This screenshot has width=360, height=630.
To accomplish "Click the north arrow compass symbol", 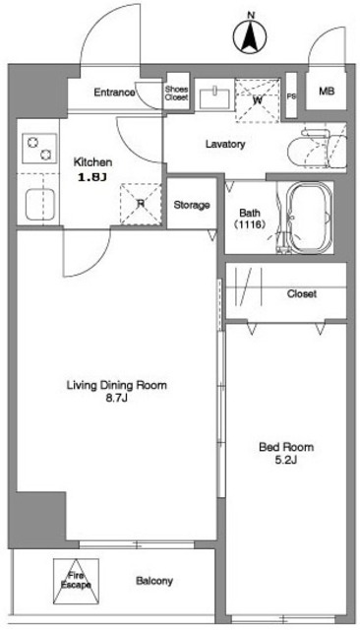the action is (250, 37).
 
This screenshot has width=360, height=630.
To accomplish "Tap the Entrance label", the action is (114, 93).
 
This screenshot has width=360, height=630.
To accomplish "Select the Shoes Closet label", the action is (176, 94).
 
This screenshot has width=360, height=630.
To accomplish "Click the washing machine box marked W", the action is (257, 100).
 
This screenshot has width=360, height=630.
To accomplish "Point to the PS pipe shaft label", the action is (291, 96).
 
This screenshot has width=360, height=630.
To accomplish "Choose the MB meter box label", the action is (327, 92).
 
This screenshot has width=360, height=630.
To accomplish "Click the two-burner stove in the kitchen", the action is (39, 149).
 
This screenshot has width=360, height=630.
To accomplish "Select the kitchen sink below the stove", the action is (39, 204).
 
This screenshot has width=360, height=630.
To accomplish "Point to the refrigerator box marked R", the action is (141, 204).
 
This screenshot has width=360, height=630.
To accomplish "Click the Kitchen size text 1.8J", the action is (92, 177).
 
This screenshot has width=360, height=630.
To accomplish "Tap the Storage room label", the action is (192, 206).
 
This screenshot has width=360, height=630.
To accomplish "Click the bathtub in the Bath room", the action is (311, 219).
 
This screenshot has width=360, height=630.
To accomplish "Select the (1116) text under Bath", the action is (249, 224).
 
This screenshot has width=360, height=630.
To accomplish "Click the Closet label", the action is (302, 294).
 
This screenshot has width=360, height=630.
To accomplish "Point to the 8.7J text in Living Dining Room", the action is (116, 399).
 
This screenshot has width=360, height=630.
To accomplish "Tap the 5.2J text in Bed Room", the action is (286, 461).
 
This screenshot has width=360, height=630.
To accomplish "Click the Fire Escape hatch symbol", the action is (76, 581).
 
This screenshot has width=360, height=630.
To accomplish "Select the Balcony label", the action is (154, 581).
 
